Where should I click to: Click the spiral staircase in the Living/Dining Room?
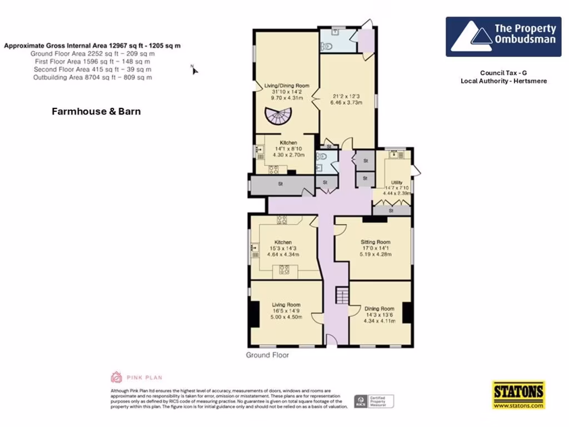[x=278, y=116]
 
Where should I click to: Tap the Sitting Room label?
[x=376, y=242]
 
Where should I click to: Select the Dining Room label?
[x=380, y=309]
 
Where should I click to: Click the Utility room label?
[x=397, y=182]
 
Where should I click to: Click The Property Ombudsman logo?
[x=503, y=37]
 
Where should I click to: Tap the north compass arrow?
[x=195, y=69]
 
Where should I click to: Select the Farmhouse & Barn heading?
[x=96, y=111]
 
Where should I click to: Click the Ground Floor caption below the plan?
[x=267, y=355]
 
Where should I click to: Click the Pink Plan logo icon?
[x=116, y=377]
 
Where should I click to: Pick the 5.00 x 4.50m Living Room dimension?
[x=286, y=317]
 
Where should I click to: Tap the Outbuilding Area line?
[x=93, y=78]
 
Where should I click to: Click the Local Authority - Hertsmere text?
[x=503, y=81]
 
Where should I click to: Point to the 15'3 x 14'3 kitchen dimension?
[x=283, y=249]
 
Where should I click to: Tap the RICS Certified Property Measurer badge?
[x=375, y=401]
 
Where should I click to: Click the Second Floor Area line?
[x=92, y=69]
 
